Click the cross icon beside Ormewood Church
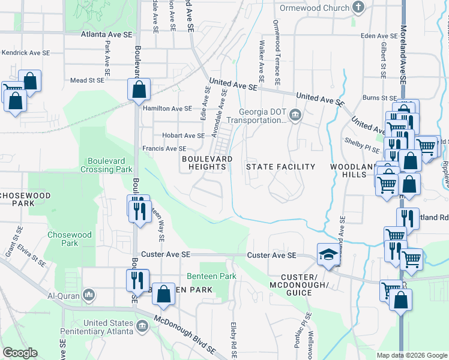359,8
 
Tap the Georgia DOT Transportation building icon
295,115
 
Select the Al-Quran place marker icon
89,295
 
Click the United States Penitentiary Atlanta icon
142,326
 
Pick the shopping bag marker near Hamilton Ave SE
139,90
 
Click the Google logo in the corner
20,353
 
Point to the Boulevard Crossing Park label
109,165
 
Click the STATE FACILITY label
281,167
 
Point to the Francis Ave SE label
164,148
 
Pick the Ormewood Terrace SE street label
277,52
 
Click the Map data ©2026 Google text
411,355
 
